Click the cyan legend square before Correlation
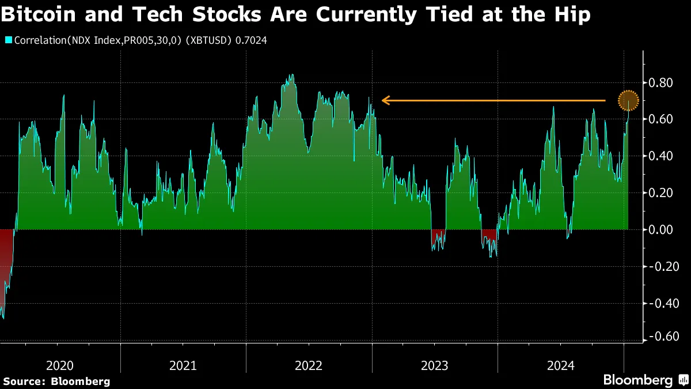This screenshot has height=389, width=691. tap(8, 40)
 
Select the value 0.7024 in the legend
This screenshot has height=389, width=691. tap(251, 40)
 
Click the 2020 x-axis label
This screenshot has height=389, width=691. tap(59, 365)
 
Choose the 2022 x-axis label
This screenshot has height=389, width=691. tap(309, 365)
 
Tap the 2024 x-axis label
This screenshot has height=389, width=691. tap(560, 365)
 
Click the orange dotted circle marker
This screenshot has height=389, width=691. tap(628, 101)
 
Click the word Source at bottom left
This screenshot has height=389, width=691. tap(24, 381)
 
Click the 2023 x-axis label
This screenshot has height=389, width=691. tap(435, 365)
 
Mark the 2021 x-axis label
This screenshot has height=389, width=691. tap(183, 365)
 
